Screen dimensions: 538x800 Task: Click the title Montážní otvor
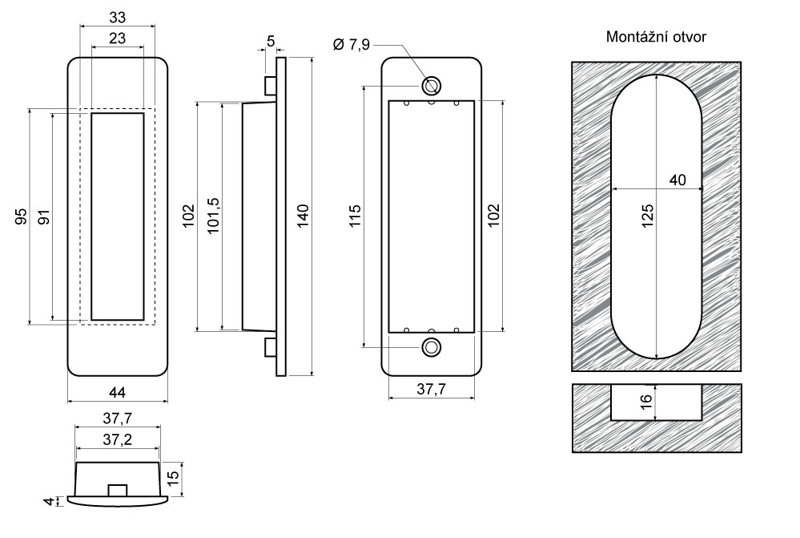pos(656,38)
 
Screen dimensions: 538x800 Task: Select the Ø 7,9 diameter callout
pos(351,45)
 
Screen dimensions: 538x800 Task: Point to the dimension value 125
pos(648,215)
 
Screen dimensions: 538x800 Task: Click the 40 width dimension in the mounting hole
pos(677,180)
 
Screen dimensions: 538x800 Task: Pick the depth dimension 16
pos(648,401)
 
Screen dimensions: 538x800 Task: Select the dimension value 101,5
pos(214,215)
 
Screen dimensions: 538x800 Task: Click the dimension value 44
pos(117,391)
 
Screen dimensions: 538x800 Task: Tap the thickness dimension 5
pos(271,40)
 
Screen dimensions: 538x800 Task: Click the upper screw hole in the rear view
pos(432,85)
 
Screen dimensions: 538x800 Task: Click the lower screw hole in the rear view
pos(432,347)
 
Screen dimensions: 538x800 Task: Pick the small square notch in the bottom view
pos(117,490)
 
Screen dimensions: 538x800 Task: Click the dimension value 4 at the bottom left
pos(50,502)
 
